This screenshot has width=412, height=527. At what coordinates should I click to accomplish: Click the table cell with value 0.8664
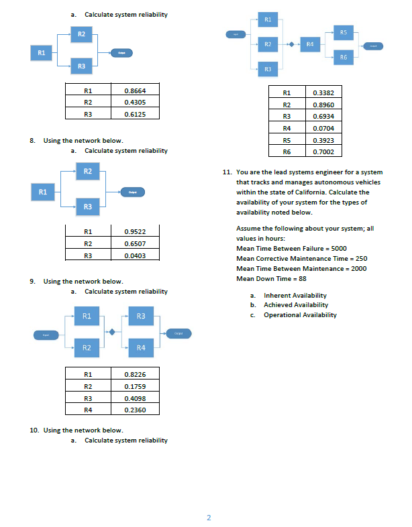point(136,90)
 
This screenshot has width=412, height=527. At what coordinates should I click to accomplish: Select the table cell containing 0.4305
point(136,102)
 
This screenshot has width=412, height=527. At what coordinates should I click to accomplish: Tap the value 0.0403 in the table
point(136,255)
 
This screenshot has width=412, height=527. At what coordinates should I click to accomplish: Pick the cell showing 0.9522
point(136,231)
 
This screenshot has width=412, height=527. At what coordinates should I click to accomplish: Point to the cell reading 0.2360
point(136,409)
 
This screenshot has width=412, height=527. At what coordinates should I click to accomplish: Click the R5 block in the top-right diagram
point(343,32)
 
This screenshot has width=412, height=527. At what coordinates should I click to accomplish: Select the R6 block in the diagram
point(343,59)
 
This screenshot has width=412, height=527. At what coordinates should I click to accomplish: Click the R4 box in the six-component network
point(309,45)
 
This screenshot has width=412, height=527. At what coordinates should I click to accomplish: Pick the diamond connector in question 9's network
point(113,331)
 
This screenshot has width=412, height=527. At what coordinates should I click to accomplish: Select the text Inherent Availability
point(295,296)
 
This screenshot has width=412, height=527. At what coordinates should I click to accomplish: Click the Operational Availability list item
point(300,315)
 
